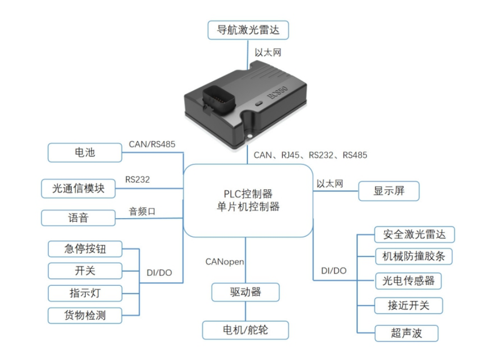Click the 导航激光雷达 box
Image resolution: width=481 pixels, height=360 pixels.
click(x=249, y=30)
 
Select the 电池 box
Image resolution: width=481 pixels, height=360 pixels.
click(x=85, y=152)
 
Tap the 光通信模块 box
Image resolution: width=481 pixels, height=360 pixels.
click(x=78, y=189)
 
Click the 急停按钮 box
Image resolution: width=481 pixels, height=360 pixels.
click(x=85, y=248)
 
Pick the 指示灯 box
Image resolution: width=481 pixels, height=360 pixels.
click(x=85, y=292)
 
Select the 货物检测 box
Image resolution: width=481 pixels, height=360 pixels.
click(x=85, y=315)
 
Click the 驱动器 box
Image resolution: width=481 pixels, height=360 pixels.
click(x=245, y=292)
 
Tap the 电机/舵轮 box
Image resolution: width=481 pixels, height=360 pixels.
click(x=245, y=330)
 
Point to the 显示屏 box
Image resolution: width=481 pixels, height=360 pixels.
click(x=388, y=191)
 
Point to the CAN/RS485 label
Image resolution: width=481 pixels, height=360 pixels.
click(x=152, y=144)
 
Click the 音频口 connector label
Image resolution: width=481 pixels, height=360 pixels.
click(x=142, y=212)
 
